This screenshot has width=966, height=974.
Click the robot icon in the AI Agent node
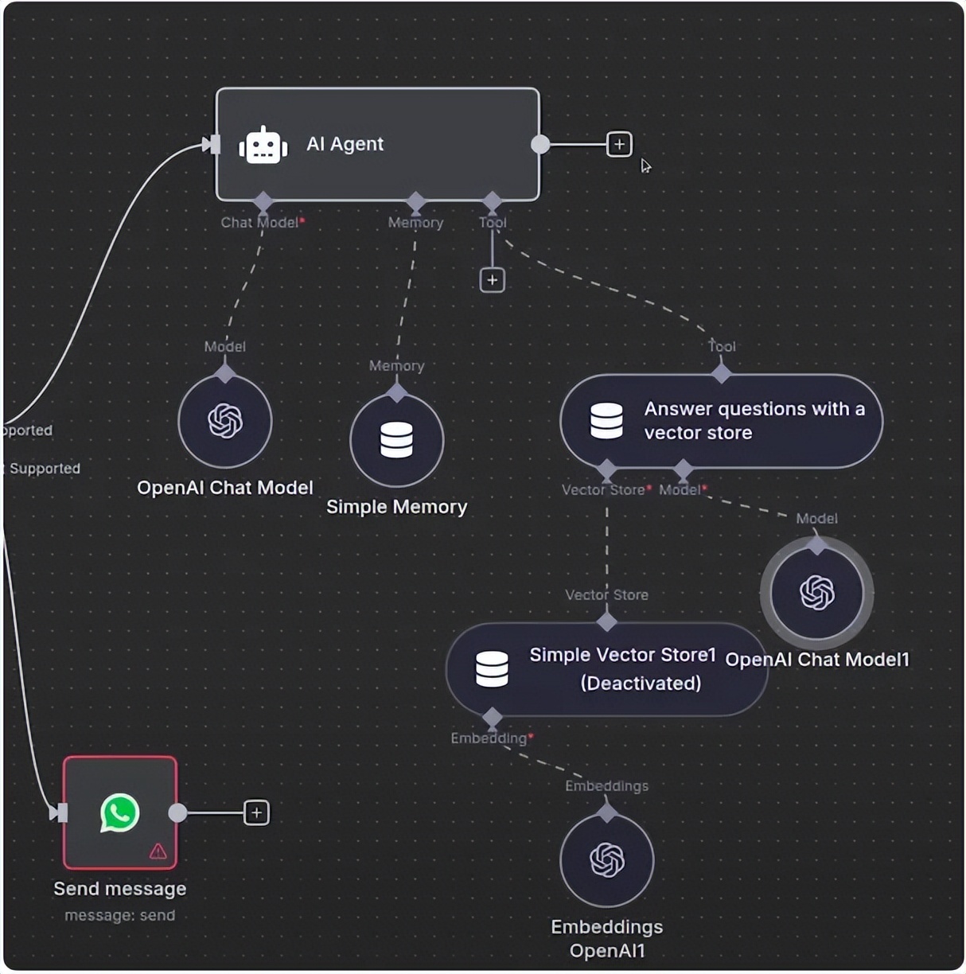coord(263,145)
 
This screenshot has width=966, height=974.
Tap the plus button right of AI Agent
coord(619,144)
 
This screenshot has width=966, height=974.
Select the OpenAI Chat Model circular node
coord(225,421)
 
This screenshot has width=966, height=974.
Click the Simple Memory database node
coord(396,440)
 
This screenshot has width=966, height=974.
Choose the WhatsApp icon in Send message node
coord(120,813)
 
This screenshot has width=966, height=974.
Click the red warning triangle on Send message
coord(158,851)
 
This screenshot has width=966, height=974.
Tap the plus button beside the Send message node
coord(256,812)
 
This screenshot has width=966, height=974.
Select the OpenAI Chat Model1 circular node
coord(817,593)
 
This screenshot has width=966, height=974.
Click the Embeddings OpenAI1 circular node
coord(607,860)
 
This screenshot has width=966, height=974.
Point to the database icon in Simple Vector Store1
coord(492,669)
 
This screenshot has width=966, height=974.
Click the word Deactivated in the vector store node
coord(641,683)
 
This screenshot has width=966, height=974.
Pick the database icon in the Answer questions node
coord(606,421)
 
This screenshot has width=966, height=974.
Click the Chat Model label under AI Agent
coord(259,223)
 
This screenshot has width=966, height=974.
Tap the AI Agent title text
coord(345,144)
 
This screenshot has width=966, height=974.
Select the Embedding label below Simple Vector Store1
coord(489,738)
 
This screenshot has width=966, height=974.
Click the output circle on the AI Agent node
coord(540,144)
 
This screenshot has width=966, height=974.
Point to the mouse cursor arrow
coord(645,166)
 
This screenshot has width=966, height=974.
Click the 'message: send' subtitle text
coord(119,915)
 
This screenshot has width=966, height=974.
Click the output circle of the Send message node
coord(178,812)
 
